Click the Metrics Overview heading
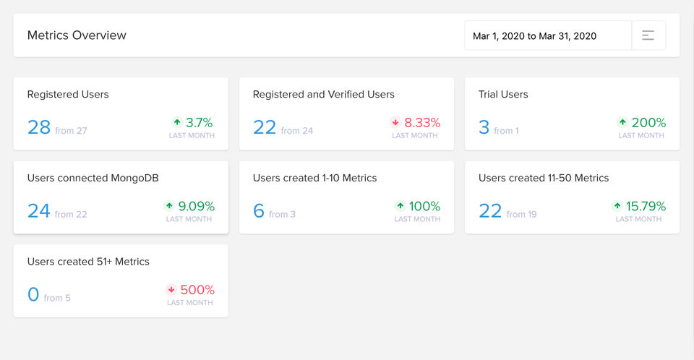pyautogui.click(x=77, y=35)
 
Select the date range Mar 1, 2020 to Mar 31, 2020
pyautogui.click(x=534, y=35)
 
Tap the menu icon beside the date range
pyautogui.click(x=648, y=35)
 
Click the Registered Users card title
pyautogui.click(x=68, y=94)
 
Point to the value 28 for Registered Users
pyautogui.click(x=39, y=127)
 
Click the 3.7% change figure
pyautogui.click(x=199, y=123)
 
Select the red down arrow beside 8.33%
pyautogui.click(x=395, y=123)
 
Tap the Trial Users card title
pyautogui.click(x=503, y=94)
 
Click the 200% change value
pyautogui.click(x=648, y=123)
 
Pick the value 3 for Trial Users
pyautogui.click(x=484, y=127)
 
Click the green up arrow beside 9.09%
pyautogui.click(x=169, y=206)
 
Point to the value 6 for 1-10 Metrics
pyautogui.click(x=259, y=211)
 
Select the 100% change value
pyautogui.click(x=424, y=206)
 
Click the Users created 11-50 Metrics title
pyautogui.click(x=544, y=178)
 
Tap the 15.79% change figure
pyautogui.click(x=646, y=206)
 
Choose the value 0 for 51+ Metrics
pyautogui.click(x=33, y=294)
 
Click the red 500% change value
pyautogui.click(x=197, y=290)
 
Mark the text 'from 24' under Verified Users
pyautogui.click(x=297, y=131)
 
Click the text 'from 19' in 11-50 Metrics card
pyautogui.click(x=521, y=214)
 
